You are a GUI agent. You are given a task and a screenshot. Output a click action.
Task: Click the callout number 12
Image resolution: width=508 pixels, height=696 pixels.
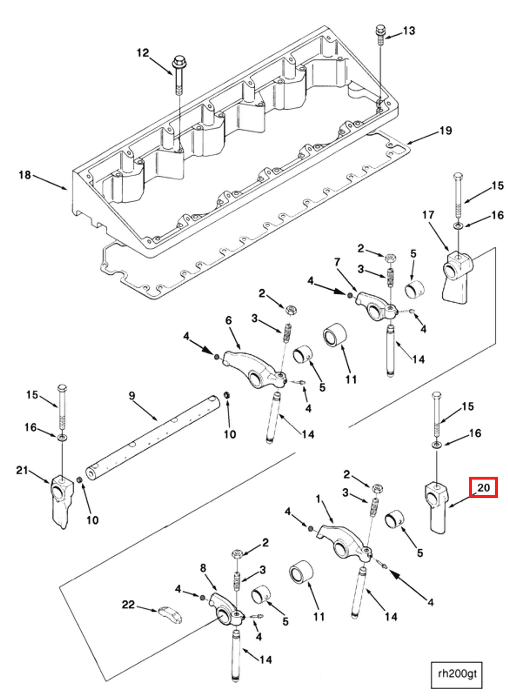tap(143, 53)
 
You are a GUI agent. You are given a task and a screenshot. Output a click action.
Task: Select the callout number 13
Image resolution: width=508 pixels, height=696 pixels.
tap(409, 31)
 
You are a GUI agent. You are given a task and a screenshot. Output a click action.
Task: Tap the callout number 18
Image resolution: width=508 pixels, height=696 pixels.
tap(24, 175)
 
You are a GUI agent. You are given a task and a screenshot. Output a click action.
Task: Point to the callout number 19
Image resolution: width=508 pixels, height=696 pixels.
tap(446, 131)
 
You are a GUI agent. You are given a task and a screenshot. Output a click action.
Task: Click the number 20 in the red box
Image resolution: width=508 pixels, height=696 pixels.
tap(483, 488)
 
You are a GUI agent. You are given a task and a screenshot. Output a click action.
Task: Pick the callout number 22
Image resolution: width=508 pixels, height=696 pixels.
tap(128, 605)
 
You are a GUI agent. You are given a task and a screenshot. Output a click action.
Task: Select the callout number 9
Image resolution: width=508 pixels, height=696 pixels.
tap(132, 395)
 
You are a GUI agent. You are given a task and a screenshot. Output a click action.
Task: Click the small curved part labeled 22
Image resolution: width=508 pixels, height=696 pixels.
tap(170, 615)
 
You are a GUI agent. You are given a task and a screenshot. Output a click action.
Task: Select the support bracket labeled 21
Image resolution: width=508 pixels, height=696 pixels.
tap(62, 498)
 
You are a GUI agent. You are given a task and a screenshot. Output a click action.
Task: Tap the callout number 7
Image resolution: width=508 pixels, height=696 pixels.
tap(337, 262)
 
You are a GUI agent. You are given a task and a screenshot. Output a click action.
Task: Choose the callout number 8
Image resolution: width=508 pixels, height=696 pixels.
tap(203, 568)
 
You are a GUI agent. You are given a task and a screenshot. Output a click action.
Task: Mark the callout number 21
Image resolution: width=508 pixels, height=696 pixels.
tap(22, 470)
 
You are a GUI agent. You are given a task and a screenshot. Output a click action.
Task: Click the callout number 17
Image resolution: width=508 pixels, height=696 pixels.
tap(428, 215)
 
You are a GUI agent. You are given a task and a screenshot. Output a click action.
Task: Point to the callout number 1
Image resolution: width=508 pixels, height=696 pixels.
tap(318, 499)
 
